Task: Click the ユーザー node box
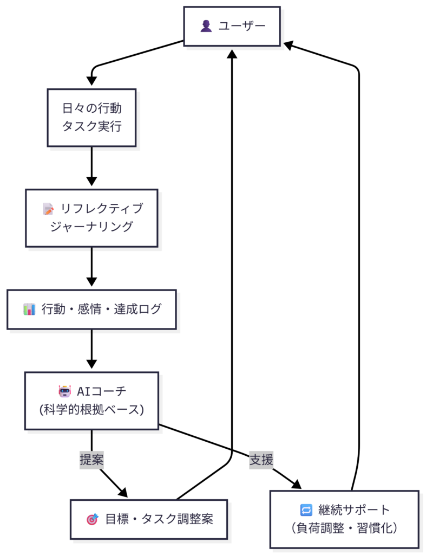click(232, 26)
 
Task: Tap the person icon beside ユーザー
click(206, 26)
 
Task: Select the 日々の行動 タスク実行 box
click(91, 118)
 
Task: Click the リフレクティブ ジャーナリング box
click(91, 218)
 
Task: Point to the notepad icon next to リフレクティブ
click(48, 209)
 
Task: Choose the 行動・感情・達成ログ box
click(91, 309)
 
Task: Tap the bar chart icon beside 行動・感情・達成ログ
click(29, 309)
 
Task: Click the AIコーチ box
click(91, 401)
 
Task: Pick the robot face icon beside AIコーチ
click(65, 391)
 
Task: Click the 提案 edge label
click(91, 460)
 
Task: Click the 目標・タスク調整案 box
click(149, 519)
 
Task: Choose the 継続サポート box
click(344, 519)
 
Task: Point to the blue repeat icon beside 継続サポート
click(306, 510)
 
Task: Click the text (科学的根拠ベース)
click(91, 410)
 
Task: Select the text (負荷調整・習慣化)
click(344, 528)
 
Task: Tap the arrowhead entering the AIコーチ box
click(91, 365)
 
